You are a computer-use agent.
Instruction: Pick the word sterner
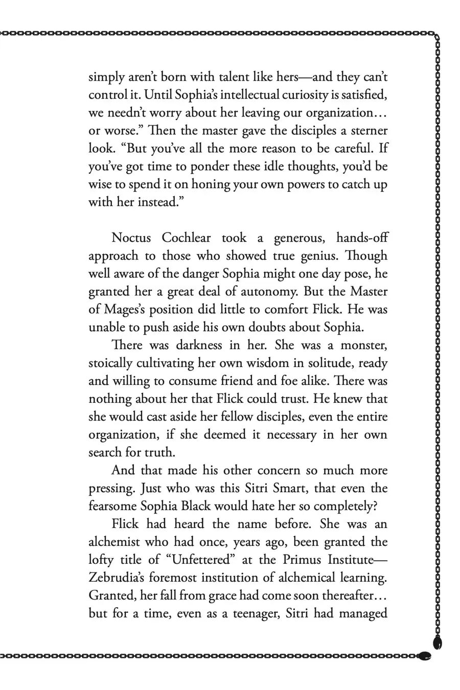click(x=365, y=130)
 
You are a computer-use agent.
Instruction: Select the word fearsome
click(x=113, y=506)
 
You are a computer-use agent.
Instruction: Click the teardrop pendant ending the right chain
click(x=438, y=642)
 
